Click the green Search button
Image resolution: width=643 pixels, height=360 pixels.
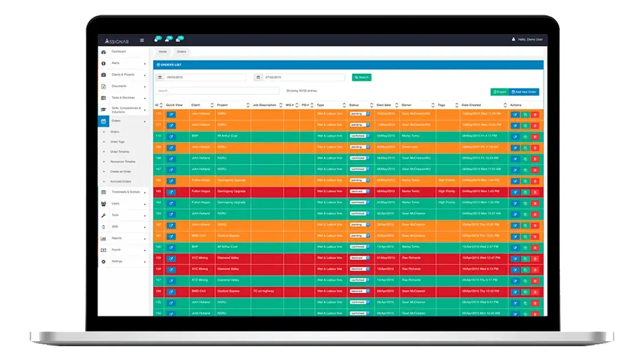361,77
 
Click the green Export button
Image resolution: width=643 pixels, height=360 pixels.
499,91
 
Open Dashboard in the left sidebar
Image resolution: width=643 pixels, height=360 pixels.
118,51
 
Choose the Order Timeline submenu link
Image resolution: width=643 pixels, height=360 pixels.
119,151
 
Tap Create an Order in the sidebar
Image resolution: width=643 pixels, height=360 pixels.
120,171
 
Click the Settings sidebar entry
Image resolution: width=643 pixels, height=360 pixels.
116,261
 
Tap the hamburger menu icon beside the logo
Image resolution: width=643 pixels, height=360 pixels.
142,40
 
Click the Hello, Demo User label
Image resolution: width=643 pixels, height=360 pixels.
529,39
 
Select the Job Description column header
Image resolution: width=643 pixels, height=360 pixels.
264,105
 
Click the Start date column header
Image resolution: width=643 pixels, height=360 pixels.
384,105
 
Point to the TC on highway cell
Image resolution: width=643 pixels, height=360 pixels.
263,291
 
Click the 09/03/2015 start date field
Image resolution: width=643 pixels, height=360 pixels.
203,77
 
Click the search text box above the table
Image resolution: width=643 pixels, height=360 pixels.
217,91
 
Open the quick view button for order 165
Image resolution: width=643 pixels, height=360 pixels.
171,192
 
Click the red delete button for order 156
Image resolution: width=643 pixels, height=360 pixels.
535,292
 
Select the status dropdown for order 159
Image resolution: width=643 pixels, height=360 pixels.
360,258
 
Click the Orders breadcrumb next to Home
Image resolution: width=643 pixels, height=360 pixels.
181,51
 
